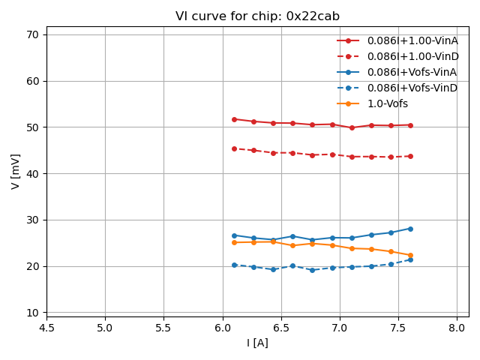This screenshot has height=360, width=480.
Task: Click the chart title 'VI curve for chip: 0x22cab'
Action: click(x=257, y=16)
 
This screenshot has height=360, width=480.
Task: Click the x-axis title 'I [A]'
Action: click(x=257, y=343)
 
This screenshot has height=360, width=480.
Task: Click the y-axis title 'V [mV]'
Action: click(x=16, y=172)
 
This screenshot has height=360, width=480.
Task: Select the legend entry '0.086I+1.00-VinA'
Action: click(x=412, y=40)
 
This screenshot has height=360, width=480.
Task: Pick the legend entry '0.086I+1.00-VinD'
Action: click(x=412, y=56)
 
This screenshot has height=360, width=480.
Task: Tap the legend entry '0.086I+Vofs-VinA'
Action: click(x=412, y=72)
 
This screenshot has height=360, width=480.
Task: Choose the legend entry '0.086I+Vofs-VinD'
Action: click(x=412, y=88)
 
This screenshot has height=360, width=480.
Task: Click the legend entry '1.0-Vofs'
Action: click(x=387, y=103)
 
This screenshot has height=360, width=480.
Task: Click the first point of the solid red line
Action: click(x=234, y=119)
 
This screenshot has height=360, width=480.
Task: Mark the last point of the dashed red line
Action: click(x=410, y=156)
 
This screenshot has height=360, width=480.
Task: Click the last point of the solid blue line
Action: click(x=410, y=229)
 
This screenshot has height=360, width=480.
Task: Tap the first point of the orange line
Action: click(x=234, y=242)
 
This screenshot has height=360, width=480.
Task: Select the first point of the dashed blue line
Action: click(x=234, y=265)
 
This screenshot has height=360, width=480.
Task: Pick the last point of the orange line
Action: click(x=410, y=255)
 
